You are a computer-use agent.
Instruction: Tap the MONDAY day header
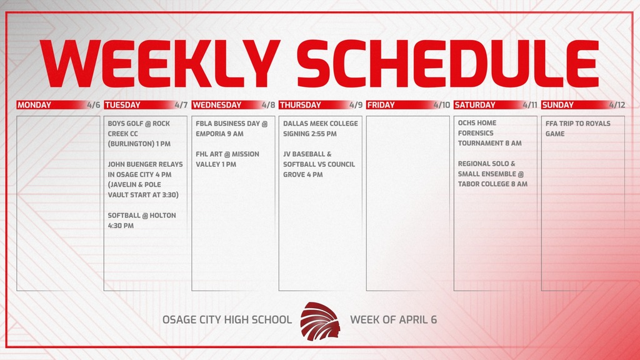pyautogui.click(x=34, y=105)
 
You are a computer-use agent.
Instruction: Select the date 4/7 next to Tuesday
pyautogui.click(x=181, y=105)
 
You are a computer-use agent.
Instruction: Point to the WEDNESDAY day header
pyautogui.click(x=216, y=105)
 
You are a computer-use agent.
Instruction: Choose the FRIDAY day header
pyautogui.click(x=381, y=105)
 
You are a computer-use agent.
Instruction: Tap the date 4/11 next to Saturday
pyautogui.click(x=530, y=105)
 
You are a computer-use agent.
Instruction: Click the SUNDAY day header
pyautogui.click(x=557, y=105)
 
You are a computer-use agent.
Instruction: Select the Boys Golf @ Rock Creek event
pyautogui.click(x=139, y=133)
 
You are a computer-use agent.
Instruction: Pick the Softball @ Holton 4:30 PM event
pyautogui.click(x=142, y=220)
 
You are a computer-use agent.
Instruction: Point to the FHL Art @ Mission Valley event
pyautogui.click(x=227, y=159)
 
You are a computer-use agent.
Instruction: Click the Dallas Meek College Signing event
pyautogui.click(x=320, y=128)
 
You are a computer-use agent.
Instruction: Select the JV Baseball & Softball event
pyautogui.click(x=319, y=164)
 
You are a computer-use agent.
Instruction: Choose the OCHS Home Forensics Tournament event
pyautogui.click(x=489, y=133)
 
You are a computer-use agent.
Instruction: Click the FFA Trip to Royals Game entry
pyautogui.click(x=577, y=128)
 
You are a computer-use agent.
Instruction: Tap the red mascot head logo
pyautogui.click(x=321, y=320)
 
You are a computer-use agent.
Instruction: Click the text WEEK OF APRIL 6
pyautogui.click(x=393, y=319)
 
